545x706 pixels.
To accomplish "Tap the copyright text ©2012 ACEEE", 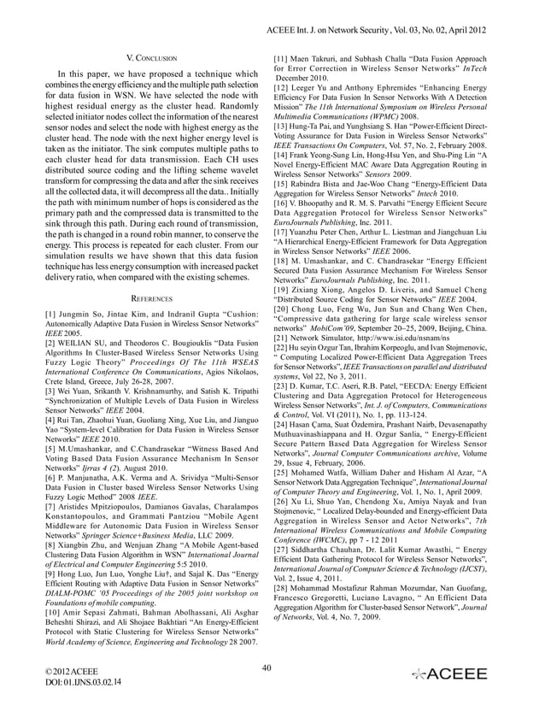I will pyautogui.click(x=70, y=671).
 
